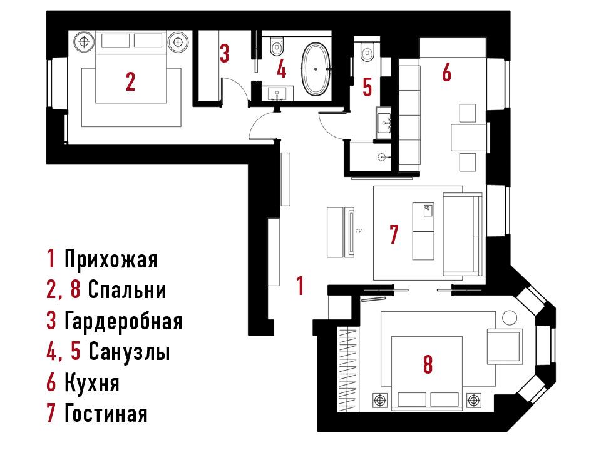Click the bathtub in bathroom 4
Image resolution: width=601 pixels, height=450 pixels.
(316, 69)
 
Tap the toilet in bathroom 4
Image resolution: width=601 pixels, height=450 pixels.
(276, 45)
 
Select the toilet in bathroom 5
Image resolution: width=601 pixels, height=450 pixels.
(367, 52)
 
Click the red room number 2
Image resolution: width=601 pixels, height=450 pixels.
(130, 81)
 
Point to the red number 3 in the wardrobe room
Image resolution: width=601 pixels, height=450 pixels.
(225, 53)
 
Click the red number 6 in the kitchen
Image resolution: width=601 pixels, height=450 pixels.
(446, 72)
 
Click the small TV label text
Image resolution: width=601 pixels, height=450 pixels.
(359, 231)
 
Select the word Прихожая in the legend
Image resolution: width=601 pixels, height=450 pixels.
(111, 259)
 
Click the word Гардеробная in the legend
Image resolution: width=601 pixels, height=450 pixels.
(123, 321)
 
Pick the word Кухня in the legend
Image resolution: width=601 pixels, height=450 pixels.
(92, 382)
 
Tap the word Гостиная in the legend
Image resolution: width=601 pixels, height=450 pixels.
(106, 414)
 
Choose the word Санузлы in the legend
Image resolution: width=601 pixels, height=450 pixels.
(130, 352)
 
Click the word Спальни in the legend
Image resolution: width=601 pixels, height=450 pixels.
(127, 290)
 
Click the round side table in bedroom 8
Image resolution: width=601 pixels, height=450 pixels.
(510, 318)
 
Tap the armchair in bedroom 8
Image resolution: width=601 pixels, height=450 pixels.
(505, 346)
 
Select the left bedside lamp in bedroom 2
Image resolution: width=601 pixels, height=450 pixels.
(84, 41)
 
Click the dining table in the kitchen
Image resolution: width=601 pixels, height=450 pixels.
(468, 137)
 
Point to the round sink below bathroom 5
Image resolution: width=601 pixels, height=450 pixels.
(382, 156)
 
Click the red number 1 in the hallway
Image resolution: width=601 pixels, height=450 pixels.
(300, 286)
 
